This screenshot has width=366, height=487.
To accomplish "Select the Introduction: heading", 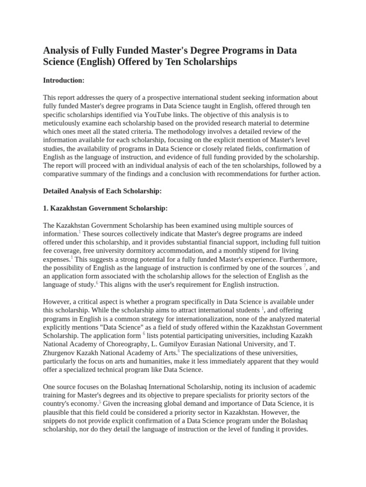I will click(x=64, y=80).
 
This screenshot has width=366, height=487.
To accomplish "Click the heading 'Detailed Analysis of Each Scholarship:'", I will click(x=102, y=191).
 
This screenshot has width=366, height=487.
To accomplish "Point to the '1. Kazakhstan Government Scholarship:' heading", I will click(x=105, y=208).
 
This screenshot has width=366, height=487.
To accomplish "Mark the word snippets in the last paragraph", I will click(x=57, y=421).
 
